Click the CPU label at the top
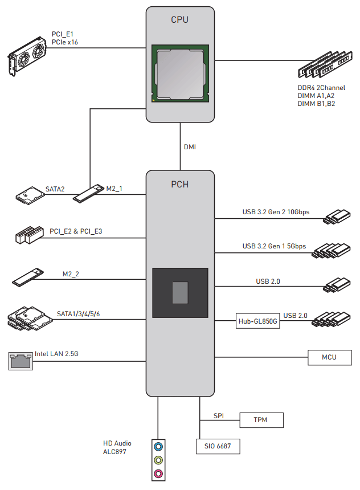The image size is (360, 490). (180, 20)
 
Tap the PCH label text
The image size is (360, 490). (180, 185)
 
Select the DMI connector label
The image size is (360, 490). (190, 147)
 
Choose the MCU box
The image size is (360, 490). (329, 357)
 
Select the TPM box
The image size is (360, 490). (261, 420)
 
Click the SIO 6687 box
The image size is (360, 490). (218, 446)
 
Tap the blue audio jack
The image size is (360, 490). (159, 447)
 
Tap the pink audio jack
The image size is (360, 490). (159, 473)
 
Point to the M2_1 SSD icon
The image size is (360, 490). (89, 193)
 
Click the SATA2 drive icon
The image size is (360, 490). (30, 195)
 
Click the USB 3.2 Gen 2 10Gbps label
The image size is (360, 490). (276, 213)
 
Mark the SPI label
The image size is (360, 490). (219, 415)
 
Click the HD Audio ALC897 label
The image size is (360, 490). (117, 447)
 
